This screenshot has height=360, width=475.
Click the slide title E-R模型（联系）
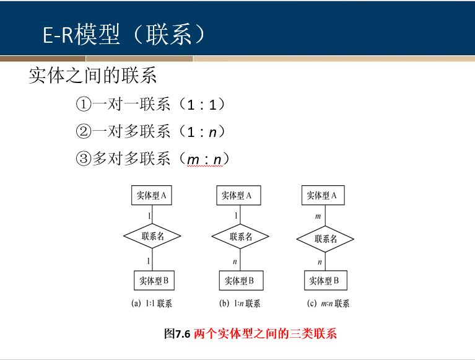[124, 35]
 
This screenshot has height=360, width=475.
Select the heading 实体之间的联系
[93, 76]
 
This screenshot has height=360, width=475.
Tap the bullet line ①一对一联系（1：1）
[150, 104]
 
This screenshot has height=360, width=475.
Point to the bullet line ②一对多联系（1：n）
[150, 132]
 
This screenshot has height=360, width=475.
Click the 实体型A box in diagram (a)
[152, 196]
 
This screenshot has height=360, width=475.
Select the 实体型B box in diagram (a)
[154, 281]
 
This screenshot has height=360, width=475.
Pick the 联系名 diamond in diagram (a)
[152, 236]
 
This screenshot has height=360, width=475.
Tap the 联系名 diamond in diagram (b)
[240, 237]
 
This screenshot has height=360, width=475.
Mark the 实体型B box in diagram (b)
[239, 281]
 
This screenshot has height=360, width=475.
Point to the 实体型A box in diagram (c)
[322, 196]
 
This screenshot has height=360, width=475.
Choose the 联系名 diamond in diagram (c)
[325, 239]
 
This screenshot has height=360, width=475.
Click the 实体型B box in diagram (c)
[324, 281]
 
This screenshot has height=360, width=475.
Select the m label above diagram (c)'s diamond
[318, 217]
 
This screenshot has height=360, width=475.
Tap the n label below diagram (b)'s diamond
[235, 261]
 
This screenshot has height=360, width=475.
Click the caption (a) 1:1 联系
[152, 304]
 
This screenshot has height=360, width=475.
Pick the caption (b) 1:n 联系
[240, 304]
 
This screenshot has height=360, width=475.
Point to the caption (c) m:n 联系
[328, 304]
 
